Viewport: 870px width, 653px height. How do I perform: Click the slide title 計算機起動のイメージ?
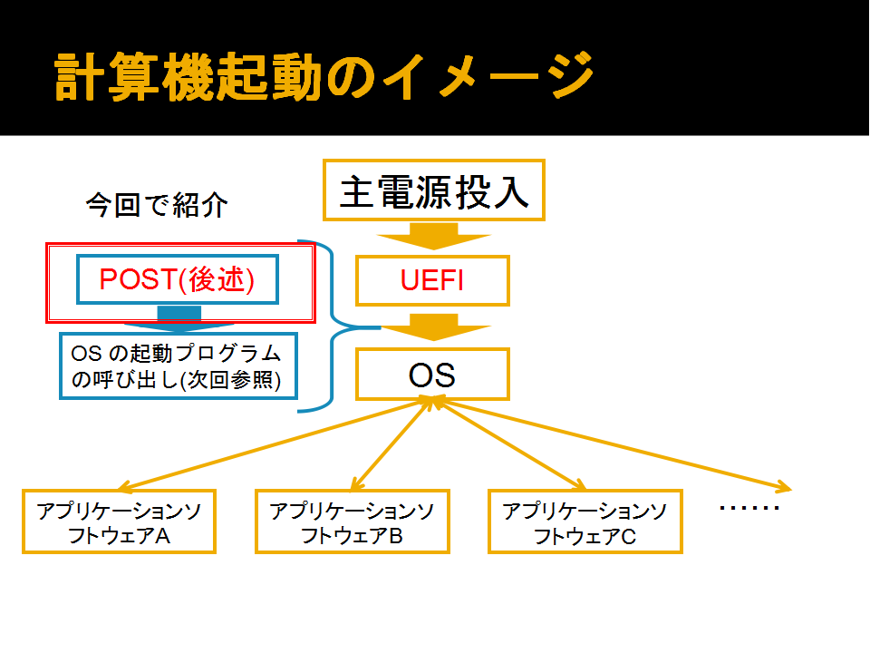pyautogui.click(x=324, y=76)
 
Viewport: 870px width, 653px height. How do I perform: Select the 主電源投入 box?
pyautogui.click(x=434, y=190)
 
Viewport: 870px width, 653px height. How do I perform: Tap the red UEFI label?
pyautogui.click(x=432, y=280)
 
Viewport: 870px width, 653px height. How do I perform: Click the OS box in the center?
pyautogui.click(x=433, y=375)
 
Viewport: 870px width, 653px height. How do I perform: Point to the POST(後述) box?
pyautogui.click(x=178, y=279)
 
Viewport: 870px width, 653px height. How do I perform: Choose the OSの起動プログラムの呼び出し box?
pyautogui.click(x=179, y=365)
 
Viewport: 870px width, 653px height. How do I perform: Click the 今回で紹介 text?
pyautogui.click(x=157, y=205)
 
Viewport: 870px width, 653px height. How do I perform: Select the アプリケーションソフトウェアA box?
pyautogui.click(x=119, y=521)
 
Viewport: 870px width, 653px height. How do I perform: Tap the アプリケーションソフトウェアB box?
pyautogui.click(x=353, y=521)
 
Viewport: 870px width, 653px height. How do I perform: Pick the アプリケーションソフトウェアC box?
pyautogui.click(x=585, y=521)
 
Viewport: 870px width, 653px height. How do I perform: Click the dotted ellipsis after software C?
pyautogui.click(x=749, y=508)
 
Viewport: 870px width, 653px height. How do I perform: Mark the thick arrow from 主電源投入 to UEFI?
pyautogui.click(x=434, y=236)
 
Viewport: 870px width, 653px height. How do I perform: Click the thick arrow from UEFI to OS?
pyautogui.click(x=434, y=327)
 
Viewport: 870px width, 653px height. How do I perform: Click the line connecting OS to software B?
pyautogui.click(x=391, y=445)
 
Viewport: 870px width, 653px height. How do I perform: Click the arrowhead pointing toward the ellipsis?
pyautogui.click(x=784, y=487)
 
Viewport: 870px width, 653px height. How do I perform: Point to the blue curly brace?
pyautogui.click(x=332, y=326)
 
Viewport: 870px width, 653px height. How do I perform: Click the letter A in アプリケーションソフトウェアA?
pyautogui.click(x=162, y=536)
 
